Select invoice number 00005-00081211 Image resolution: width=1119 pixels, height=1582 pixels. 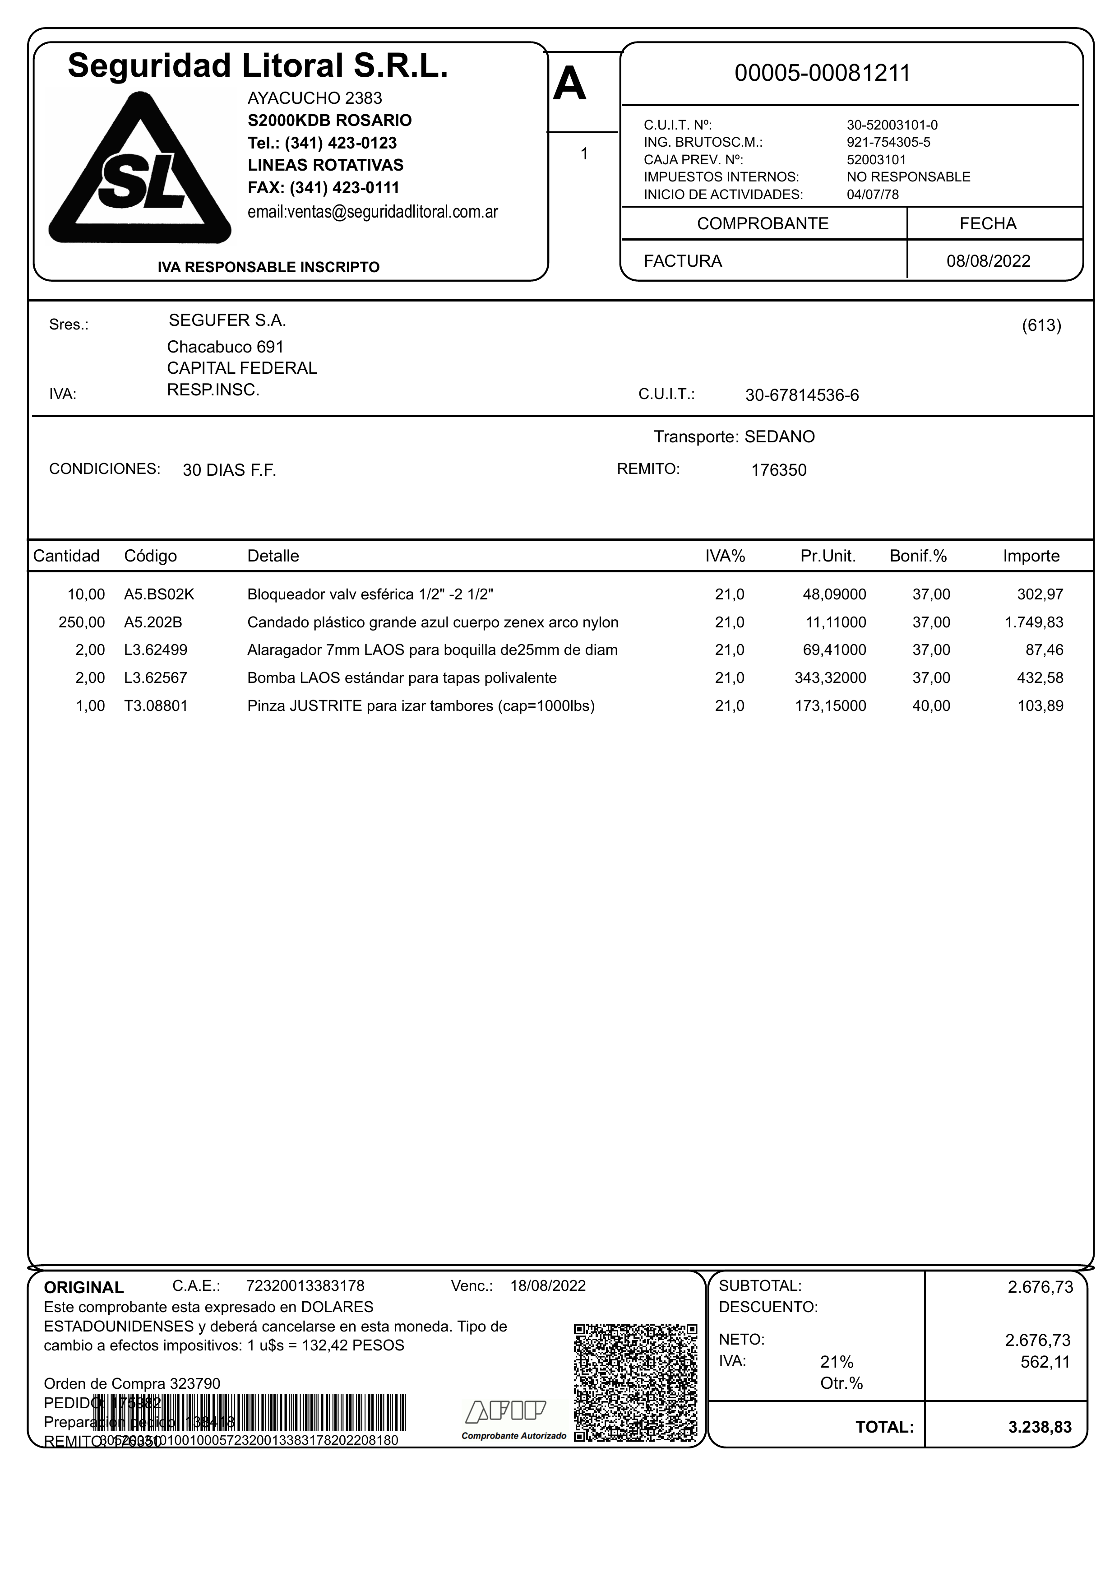pos(822,73)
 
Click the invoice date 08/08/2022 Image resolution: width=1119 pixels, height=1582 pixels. pos(988,261)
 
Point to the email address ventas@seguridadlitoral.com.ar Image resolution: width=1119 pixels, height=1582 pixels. pos(372,212)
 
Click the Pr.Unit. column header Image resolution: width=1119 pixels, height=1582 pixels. pos(828,556)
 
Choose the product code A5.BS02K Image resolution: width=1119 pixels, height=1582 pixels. pos(159,594)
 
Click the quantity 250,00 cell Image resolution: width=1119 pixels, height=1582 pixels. pos(82,622)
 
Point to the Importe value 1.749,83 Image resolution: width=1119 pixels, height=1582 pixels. pos(1034,622)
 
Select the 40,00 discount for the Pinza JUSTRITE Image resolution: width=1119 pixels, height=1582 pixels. pos(931,706)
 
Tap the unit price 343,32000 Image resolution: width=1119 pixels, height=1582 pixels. pos(830,677)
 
